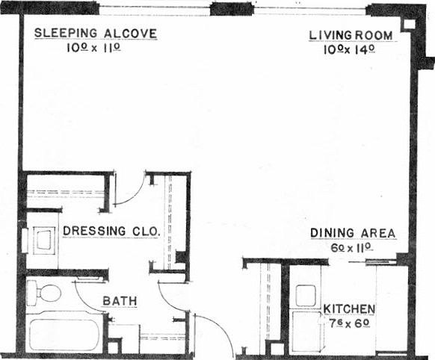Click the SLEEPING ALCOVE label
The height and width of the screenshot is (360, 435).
click(x=96, y=34)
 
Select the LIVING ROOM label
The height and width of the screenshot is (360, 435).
click(x=351, y=34)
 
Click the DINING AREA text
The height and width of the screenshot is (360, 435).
click(x=353, y=233)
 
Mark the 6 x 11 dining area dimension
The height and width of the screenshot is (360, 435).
click(x=351, y=247)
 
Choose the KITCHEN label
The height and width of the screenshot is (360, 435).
click(x=349, y=308)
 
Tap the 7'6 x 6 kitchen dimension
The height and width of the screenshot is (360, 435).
click(x=348, y=323)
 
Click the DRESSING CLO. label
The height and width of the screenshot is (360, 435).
click(x=111, y=232)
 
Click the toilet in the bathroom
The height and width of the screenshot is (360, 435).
click(x=44, y=293)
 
